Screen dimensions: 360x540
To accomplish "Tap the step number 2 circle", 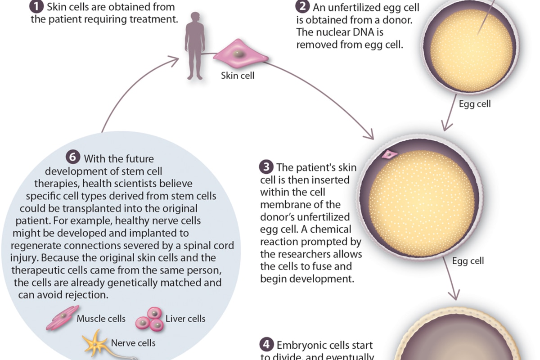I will click(302, 7).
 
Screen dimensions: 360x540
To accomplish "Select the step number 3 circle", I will click(266, 167).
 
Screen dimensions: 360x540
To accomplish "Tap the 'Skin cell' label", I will click(238, 76).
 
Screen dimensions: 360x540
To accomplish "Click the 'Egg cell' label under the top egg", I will click(475, 104).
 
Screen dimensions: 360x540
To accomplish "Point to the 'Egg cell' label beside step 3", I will click(468, 261).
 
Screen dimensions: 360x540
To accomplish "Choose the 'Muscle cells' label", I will click(101, 319).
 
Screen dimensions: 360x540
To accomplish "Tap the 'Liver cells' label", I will click(185, 319).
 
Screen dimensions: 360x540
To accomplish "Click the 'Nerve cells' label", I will click(133, 343).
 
